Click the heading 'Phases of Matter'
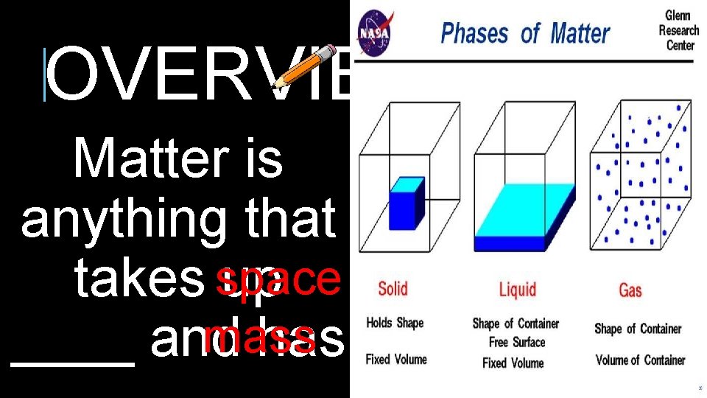[524, 33]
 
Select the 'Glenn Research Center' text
[678, 30]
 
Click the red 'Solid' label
[393, 288]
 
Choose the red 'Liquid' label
[517, 289]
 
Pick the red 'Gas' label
[630, 290]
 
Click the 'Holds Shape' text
[395, 323]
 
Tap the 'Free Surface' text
[517, 343]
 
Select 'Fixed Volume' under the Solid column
[396, 360]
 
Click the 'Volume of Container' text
[639, 360]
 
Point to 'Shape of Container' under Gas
[639, 329]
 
